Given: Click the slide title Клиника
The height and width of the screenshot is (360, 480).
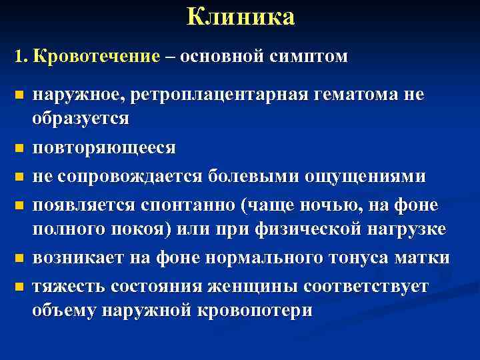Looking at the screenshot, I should click(240, 17).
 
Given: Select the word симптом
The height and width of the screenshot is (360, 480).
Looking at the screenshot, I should click(309, 57).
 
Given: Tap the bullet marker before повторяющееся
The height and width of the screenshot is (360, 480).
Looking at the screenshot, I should click(19, 147).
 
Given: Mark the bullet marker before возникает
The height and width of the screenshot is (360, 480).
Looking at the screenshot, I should click(19, 257).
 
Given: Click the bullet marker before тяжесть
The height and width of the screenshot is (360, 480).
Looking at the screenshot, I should click(19, 287).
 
